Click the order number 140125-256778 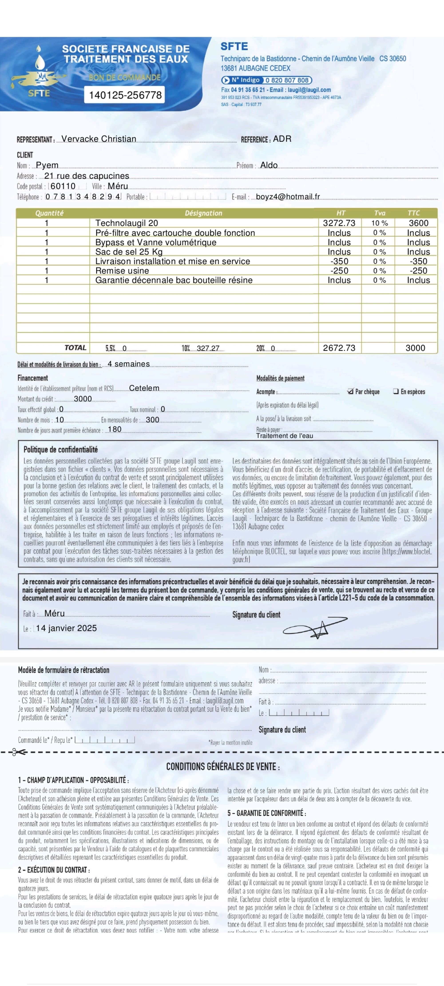(x=125, y=95)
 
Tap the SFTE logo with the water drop (x=38, y=73)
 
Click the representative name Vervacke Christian (x=99, y=139)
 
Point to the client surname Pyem (x=47, y=165)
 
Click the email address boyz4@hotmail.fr (x=288, y=197)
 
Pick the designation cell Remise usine (x=122, y=271)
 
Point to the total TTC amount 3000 (x=415, y=348)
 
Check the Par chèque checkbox (x=350, y=391)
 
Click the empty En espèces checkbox (x=396, y=391)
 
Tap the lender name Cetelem (x=144, y=388)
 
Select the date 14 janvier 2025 (x=66, y=628)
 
